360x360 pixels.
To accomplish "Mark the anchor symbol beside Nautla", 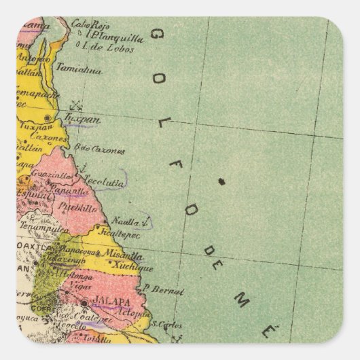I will pos(147,221).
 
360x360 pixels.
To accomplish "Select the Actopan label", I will pos(134,314).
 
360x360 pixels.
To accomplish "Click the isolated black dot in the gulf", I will pos(221,181).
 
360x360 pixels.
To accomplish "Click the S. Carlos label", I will pos(168,325).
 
